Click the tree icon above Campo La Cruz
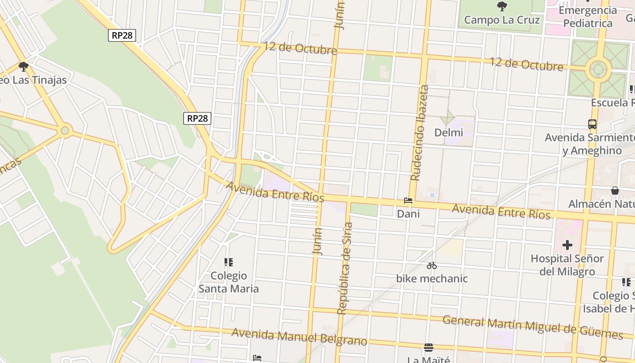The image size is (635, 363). [x=502, y=6]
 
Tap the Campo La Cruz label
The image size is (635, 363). [x=502, y=20]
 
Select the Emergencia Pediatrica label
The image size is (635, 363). [x=587, y=17]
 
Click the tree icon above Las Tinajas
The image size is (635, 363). [x=24, y=67]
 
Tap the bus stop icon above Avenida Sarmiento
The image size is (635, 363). [x=592, y=124]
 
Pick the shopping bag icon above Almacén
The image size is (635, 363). [x=615, y=191]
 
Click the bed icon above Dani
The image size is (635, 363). [x=408, y=201]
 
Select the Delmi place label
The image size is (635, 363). [x=449, y=132]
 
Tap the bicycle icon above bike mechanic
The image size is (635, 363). [x=431, y=265]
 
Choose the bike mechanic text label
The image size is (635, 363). [x=431, y=278]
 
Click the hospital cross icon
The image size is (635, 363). [x=567, y=245]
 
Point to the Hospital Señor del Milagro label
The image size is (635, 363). [x=567, y=265]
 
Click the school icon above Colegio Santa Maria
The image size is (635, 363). [x=229, y=262]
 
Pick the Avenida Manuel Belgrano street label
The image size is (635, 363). [x=299, y=337]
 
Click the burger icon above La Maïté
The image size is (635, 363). [x=428, y=348]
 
